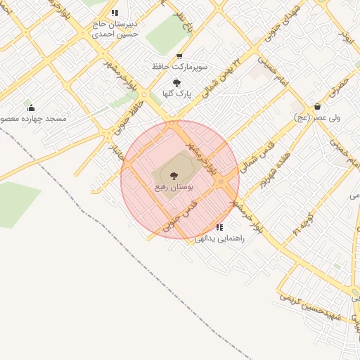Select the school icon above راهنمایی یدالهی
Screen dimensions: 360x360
tap(220, 227)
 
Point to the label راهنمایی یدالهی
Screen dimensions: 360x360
tap(219, 238)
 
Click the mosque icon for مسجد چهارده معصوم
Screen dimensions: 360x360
tap(31, 108)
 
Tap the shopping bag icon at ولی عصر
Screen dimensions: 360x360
tap(318, 107)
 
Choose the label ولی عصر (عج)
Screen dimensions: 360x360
tap(318, 118)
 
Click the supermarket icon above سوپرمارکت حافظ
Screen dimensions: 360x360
tap(179, 56)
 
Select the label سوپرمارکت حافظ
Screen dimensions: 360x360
tap(179, 67)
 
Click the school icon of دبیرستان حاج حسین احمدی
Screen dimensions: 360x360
tap(115, 13)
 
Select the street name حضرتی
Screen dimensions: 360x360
tap(339, 89)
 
